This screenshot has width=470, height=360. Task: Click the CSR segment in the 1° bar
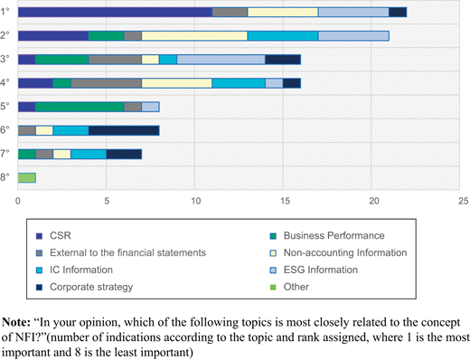point(115,12)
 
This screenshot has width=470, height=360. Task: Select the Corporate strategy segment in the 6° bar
point(124,130)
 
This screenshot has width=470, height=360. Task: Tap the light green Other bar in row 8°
point(27,178)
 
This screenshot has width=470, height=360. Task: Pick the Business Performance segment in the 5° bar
point(80,107)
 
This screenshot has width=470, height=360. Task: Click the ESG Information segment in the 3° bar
point(221,60)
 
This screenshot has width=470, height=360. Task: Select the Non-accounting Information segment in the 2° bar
point(194,35)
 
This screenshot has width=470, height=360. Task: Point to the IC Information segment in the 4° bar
point(239,83)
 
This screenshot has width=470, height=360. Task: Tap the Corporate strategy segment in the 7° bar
point(124,154)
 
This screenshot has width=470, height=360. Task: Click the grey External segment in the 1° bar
point(230,12)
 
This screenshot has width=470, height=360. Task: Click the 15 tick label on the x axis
point(285,201)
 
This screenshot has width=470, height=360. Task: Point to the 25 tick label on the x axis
point(464,201)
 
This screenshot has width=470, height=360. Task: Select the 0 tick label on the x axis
point(18,201)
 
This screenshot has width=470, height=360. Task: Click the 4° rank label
point(5,82)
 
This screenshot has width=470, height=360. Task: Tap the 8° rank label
point(5,177)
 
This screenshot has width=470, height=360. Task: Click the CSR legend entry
point(53,235)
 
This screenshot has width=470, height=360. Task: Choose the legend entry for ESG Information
point(314,270)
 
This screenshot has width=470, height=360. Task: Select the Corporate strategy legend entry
point(84,287)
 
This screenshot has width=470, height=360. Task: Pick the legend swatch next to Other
point(273,287)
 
